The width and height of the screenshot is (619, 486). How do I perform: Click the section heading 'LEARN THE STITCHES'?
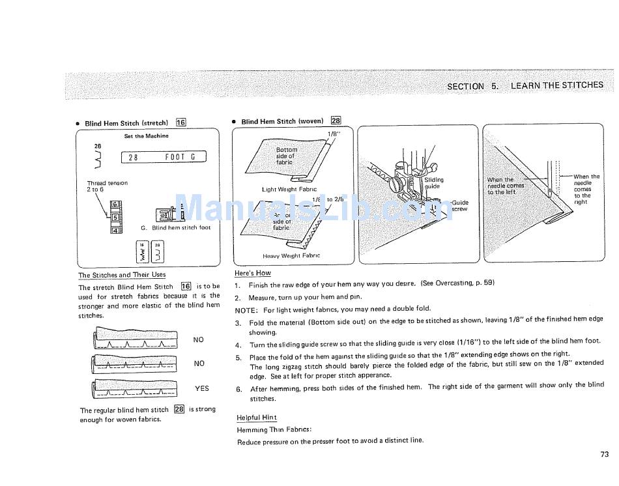point(556,85)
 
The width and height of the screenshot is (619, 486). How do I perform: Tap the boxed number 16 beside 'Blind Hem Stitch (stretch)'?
point(181,122)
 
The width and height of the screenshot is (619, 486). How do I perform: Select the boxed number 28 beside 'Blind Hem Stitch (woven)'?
point(336,121)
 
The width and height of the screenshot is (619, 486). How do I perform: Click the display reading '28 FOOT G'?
point(164,157)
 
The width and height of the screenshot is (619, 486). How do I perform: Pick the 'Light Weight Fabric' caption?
point(289,190)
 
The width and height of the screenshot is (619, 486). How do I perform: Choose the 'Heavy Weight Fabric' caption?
point(291,256)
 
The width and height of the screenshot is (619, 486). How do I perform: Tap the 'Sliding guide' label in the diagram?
point(433,183)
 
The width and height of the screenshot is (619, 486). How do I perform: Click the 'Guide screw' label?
point(459,206)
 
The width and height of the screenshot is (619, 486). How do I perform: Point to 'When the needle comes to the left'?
point(506,186)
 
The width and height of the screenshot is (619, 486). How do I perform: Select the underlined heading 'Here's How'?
point(252,273)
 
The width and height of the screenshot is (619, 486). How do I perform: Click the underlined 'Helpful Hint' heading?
point(256,418)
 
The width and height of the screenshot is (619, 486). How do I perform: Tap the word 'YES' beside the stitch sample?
point(202,388)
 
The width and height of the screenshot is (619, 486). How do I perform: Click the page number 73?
point(603,455)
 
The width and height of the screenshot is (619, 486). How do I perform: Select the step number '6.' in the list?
point(239,389)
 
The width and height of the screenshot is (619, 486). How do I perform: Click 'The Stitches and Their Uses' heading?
point(122,275)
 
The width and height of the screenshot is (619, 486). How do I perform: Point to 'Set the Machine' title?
point(146,136)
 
